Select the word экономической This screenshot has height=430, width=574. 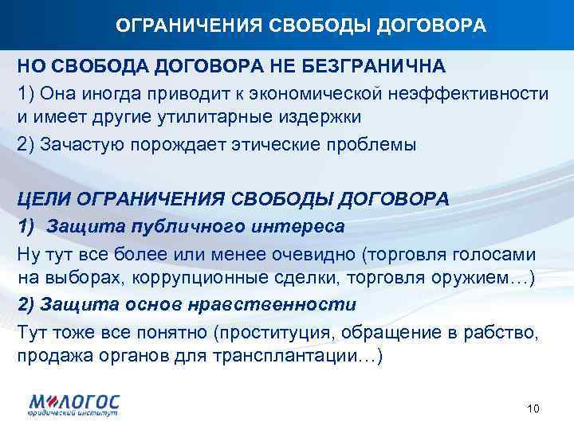click(317, 92)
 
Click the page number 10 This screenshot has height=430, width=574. click(534, 409)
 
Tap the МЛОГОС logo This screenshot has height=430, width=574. click(76, 402)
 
